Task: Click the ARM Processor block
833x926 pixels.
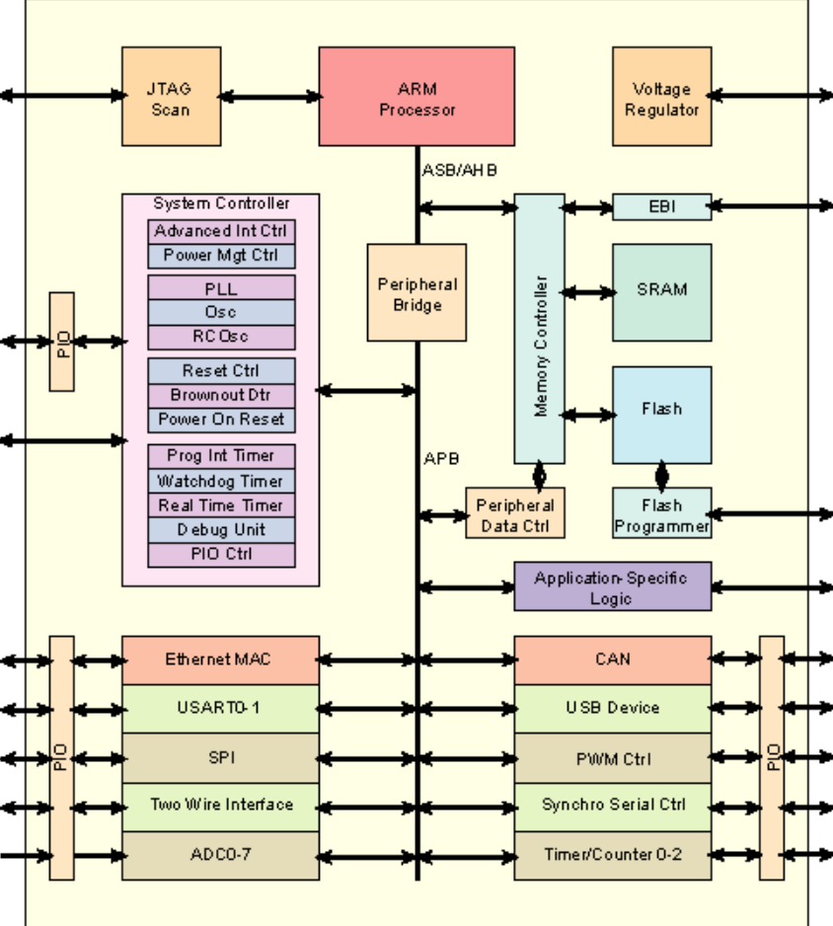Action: (416, 97)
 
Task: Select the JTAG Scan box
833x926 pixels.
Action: (171, 97)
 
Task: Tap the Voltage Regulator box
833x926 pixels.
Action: (661, 97)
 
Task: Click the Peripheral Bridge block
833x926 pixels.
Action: (416, 293)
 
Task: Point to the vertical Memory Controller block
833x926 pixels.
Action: (540, 328)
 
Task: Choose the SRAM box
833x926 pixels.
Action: (661, 292)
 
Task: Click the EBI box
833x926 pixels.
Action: (661, 207)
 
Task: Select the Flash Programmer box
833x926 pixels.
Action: (661, 513)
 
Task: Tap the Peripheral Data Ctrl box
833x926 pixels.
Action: (515, 513)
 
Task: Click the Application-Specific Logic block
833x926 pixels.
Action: (612, 587)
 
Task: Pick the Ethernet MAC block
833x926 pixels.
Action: (220, 660)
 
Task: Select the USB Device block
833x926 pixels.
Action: (612, 709)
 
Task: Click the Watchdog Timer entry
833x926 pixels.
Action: (221, 482)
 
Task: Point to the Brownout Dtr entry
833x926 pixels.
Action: (221, 395)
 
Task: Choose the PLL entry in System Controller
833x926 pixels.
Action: (221, 289)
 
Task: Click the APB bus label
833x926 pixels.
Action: (441, 459)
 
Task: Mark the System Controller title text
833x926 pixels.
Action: (221, 203)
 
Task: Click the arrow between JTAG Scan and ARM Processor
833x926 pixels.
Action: (269, 97)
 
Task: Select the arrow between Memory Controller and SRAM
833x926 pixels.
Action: (588, 292)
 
